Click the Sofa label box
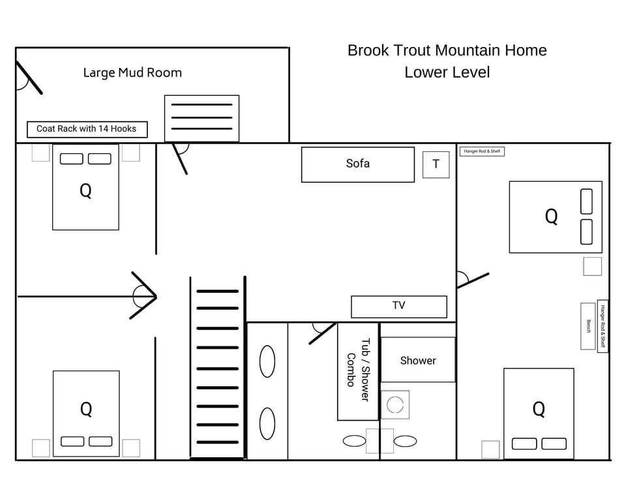tap(357, 164)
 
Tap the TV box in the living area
tap(398, 306)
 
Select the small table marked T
tap(436, 164)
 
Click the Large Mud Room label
tap(132, 72)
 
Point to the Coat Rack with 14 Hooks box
tap(87, 129)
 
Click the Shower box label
tap(417, 360)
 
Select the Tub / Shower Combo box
tap(357, 371)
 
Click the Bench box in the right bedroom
tap(588, 325)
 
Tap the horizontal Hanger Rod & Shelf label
tap(482, 151)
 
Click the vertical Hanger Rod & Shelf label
tap(603, 325)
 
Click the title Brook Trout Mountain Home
tap(447, 50)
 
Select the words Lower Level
tap(447, 72)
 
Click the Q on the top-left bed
tap(85, 191)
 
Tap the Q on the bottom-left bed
tap(85, 410)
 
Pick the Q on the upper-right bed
tap(551, 217)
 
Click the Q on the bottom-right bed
tap(539, 410)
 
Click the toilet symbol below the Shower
tap(395, 404)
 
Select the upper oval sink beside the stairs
tap(267, 361)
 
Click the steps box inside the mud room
tap(201, 118)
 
